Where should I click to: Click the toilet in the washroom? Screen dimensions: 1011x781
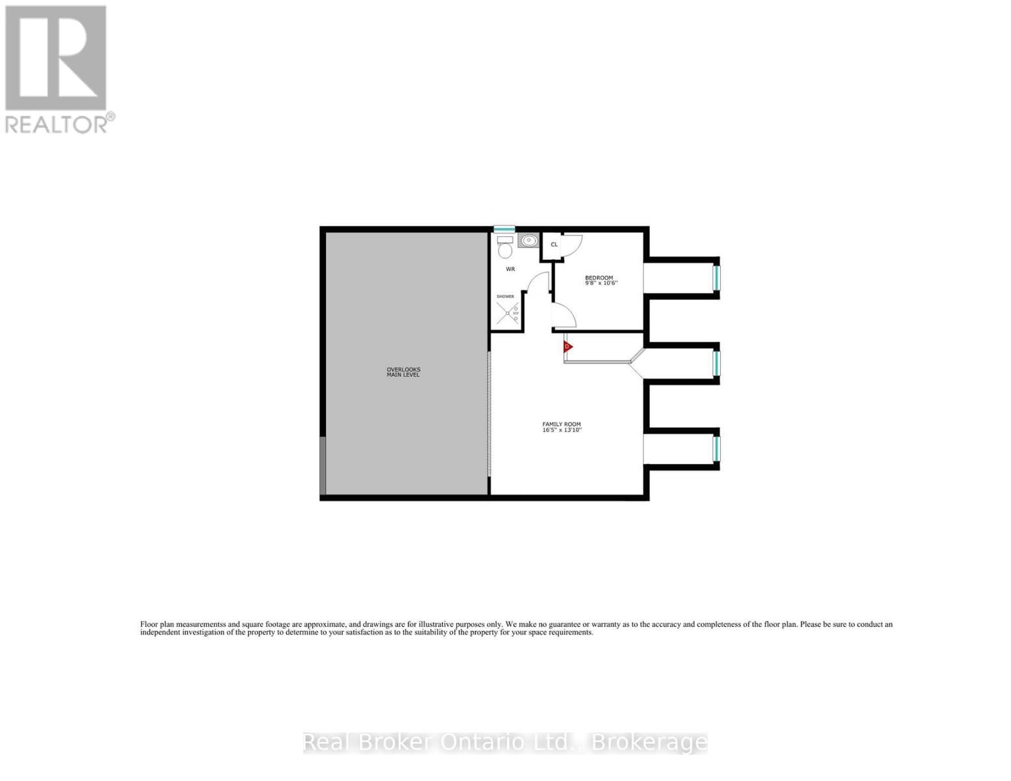[505, 247]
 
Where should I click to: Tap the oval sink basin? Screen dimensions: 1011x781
[528, 241]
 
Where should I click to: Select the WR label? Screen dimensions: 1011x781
[511, 269]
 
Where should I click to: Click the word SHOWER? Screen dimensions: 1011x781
[505, 297]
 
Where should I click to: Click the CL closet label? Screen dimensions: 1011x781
[554, 244]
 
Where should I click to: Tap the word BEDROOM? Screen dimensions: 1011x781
[599, 278]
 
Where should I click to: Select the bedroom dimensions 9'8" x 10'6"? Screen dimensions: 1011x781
[601, 283]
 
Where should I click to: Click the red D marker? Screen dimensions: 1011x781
[568, 346]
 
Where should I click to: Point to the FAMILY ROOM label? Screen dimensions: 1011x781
[561, 424]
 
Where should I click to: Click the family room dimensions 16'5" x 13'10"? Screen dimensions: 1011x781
[562, 430]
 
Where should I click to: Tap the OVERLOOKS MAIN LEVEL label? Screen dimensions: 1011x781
[403, 372]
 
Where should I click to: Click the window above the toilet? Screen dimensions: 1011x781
[504, 228]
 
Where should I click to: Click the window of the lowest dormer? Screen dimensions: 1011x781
[717, 448]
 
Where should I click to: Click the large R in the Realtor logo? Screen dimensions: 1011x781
[55, 58]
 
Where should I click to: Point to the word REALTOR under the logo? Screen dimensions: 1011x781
[57, 124]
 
